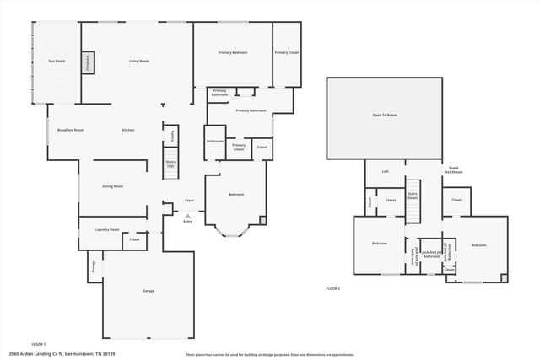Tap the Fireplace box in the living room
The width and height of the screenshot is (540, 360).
[x=88, y=62]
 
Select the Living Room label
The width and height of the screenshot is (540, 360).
[x=139, y=61]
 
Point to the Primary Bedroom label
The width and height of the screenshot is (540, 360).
[x=233, y=53]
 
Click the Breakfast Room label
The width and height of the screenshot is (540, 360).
[x=70, y=130]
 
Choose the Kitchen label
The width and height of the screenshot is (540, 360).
[x=128, y=130]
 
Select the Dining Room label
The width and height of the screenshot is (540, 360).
[x=113, y=186]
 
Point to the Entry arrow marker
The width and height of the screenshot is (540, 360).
[x=187, y=216]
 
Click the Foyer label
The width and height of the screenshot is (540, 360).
[x=190, y=200]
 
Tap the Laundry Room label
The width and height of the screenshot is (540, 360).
[x=108, y=229]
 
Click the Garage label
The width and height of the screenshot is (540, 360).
[x=148, y=291]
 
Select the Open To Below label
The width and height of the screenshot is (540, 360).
[x=385, y=115]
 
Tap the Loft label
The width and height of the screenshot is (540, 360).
[x=385, y=171]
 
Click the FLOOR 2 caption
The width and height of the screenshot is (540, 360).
[x=332, y=288]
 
